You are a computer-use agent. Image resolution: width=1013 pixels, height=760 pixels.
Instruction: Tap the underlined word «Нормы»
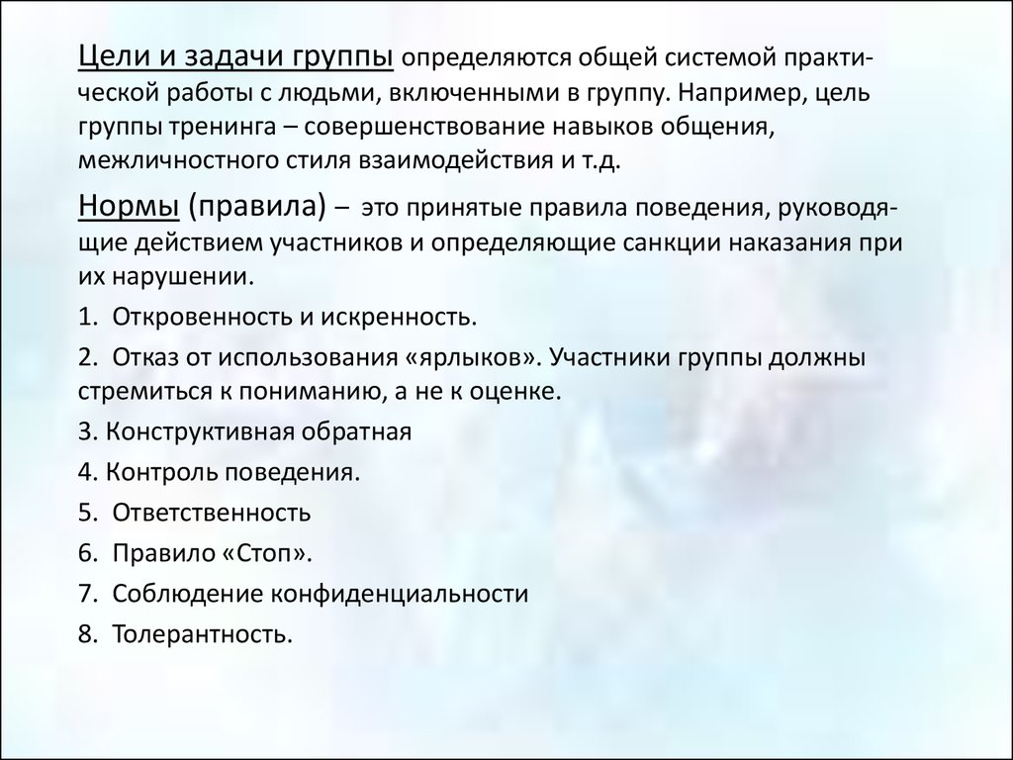click(129, 206)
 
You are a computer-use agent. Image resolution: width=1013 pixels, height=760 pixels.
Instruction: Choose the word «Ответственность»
click(212, 513)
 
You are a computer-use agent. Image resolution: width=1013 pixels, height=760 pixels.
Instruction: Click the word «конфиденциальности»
click(400, 594)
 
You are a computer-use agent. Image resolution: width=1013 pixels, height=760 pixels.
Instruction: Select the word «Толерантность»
click(202, 634)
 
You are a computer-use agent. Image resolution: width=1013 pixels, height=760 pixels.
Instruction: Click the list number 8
click(87, 634)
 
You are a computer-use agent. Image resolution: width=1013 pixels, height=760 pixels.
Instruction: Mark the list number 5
click(87, 513)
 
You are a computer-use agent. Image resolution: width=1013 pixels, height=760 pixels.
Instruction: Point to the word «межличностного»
click(178, 159)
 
